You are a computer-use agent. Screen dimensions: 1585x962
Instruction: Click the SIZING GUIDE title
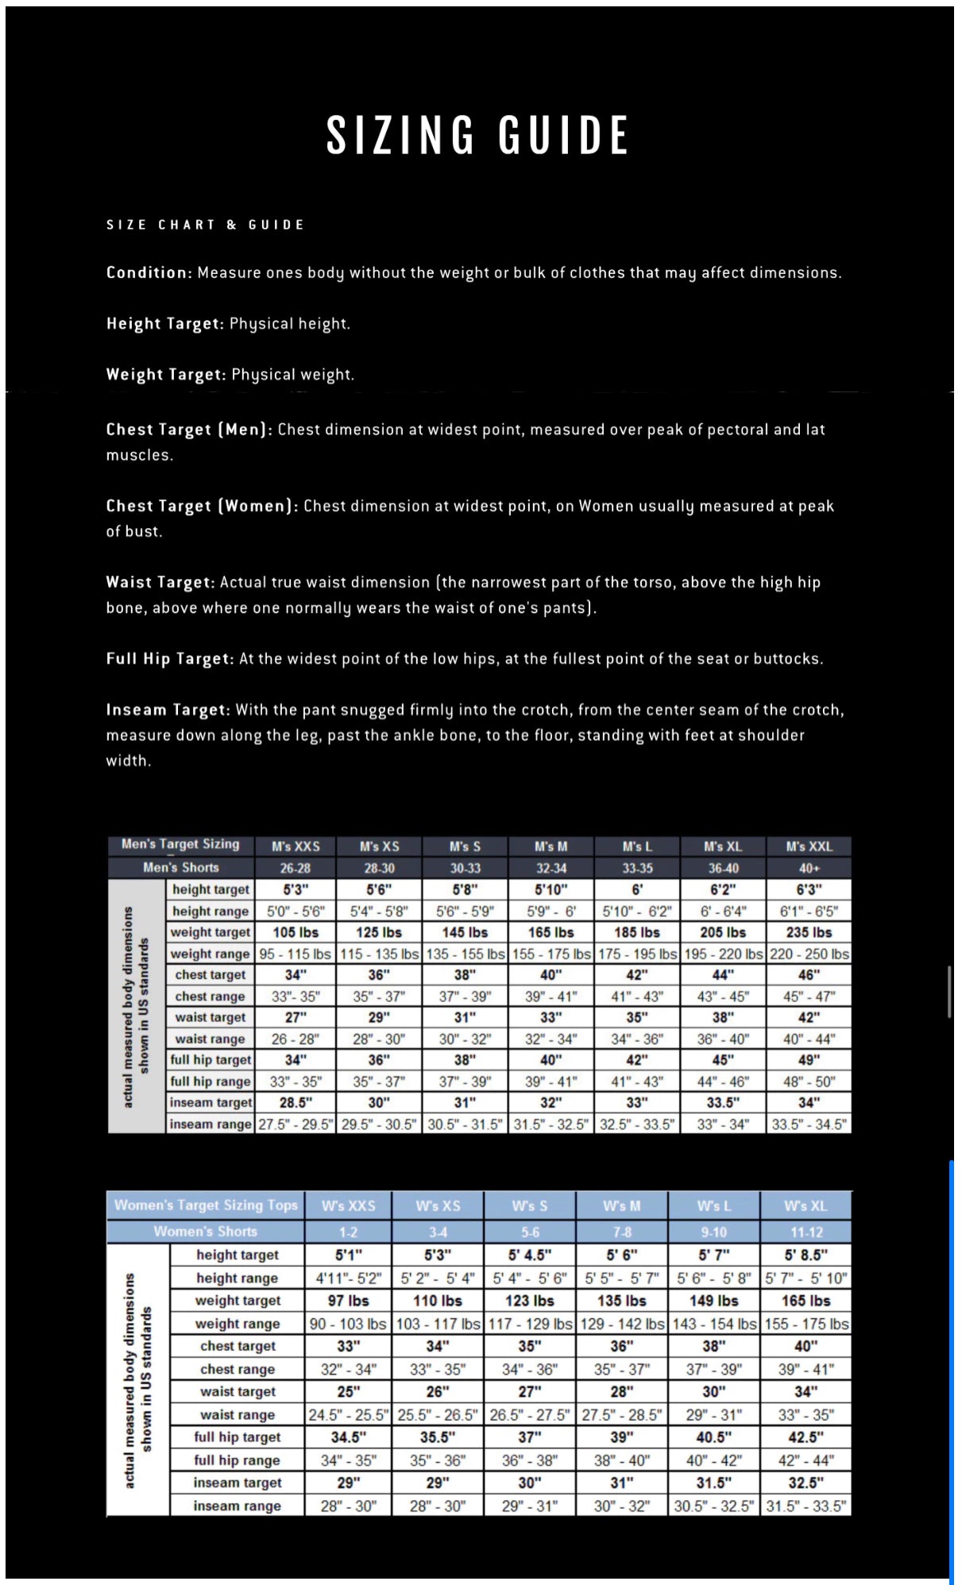477,134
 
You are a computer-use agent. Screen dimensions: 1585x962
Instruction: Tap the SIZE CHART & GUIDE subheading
205,225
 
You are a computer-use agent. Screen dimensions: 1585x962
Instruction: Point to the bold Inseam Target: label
168,710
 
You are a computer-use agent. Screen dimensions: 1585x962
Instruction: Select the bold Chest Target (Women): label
202,506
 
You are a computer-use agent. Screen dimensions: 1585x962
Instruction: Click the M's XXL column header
809,846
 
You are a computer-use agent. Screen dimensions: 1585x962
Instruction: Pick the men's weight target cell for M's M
551,932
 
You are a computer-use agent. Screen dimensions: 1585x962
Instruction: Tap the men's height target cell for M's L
636,889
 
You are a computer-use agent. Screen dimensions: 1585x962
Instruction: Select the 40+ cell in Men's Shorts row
809,868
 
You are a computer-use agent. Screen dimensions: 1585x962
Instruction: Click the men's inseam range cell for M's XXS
296,1124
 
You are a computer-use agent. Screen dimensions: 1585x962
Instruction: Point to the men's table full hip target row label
211,1059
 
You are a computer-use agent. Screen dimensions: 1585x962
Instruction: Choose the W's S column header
529,1205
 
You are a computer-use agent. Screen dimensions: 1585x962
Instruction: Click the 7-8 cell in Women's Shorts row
621,1232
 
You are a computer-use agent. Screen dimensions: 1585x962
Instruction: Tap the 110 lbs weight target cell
437,1301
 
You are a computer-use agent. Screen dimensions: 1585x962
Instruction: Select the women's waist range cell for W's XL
806,1414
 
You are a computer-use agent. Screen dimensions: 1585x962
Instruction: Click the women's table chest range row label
237,1369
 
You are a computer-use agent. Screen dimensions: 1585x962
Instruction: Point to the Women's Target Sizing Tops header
206,1205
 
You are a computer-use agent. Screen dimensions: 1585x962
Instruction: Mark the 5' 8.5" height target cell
806,1255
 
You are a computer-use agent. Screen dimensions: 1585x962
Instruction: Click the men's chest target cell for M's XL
722,974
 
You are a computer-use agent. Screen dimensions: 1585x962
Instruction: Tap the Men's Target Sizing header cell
180,844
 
